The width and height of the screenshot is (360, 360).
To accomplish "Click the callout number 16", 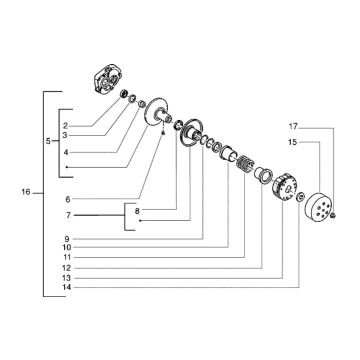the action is pyautogui.click(x=26, y=192).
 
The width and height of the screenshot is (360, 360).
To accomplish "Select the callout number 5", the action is pyautogui.click(x=48, y=141).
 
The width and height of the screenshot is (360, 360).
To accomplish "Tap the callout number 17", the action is pyautogui.click(x=293, y=127).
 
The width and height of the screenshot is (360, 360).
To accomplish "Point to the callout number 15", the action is pyautogui.click(x=293, y=142).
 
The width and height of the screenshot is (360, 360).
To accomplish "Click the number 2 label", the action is pyautogui.click(x=66, y=126).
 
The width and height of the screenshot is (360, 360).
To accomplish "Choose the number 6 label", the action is pyautogui.click(x=68, y=199).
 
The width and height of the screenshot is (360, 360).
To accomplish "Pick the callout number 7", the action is pyautogui.click(x=68, y=216).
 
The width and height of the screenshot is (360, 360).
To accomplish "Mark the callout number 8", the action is pyautogui.click(x=137, y=211).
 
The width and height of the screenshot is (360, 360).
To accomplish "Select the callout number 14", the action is pyautogui.click(x=67, y=287).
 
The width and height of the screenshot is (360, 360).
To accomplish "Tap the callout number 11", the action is pyautogui.click(x=67, y=257).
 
